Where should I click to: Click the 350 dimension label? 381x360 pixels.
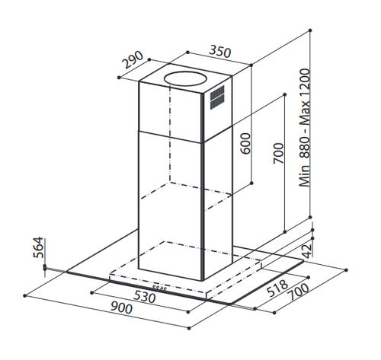[220, 52]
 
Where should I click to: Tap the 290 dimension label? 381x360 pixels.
[133, 60]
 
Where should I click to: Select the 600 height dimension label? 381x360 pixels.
[245, 144]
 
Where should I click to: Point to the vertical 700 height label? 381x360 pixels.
[278, 153]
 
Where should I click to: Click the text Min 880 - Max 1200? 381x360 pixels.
[305, 128]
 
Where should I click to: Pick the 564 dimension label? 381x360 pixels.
[38, 247]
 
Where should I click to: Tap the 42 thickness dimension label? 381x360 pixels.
[307, 251]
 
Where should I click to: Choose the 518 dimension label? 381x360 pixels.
[277, 288]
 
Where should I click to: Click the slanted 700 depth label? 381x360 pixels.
[299, 292]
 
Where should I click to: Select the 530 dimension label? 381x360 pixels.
[144, 296]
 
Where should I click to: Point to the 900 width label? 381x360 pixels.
[121, 307]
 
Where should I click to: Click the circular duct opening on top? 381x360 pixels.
[184, 78]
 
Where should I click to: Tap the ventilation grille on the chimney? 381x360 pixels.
[217, 97]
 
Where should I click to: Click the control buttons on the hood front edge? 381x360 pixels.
[159, 288]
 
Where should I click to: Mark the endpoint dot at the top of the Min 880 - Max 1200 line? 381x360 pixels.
[310, 30]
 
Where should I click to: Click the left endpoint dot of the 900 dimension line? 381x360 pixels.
[24, 295]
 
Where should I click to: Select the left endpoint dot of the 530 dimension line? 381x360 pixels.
[92, 293]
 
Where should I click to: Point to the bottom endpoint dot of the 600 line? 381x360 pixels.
[251, 183]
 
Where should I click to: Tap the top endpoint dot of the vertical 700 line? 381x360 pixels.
[285, 94]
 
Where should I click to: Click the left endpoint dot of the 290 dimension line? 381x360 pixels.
[119, 78]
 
